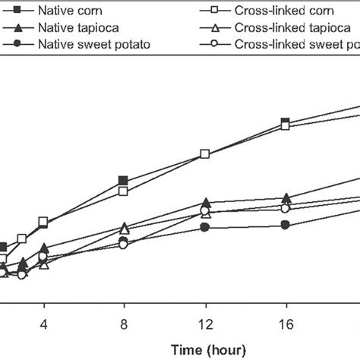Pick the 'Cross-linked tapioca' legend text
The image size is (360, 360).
(x=282, y=28)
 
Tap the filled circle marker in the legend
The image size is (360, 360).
(x=17, y=44)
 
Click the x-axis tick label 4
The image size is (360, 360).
(x=43, y=322)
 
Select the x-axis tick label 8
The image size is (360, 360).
(x=123, y=322)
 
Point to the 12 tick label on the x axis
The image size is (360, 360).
(x=204, y=322)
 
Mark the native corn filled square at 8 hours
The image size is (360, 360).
(x=123, y=181)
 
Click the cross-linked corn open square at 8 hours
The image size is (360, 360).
(x=123, y=191)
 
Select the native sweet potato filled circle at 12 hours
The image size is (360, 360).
(x=204, y=227)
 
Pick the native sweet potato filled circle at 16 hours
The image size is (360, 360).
(x=285, y=225)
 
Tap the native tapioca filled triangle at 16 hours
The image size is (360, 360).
(x=285, y=197)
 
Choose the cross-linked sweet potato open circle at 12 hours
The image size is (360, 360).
(x=204, y=210)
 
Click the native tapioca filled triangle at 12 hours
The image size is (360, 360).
(x=204, y=202)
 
